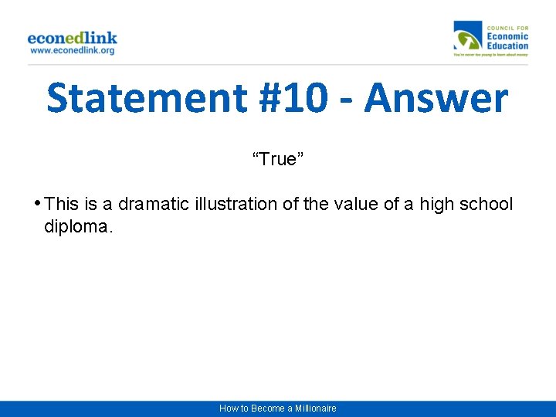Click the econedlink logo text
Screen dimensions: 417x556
coord(72,37)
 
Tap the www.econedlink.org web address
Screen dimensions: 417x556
coord(72,50)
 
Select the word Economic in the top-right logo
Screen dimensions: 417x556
coord(507,36)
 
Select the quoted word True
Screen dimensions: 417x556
coord(278,159)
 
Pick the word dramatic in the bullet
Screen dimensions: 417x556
coord(146,204)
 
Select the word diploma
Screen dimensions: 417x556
coord(78,228)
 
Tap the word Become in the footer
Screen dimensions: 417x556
coord(266,408)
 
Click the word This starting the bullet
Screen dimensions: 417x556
coord(62,204)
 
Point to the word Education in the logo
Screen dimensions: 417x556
coord(507,46)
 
